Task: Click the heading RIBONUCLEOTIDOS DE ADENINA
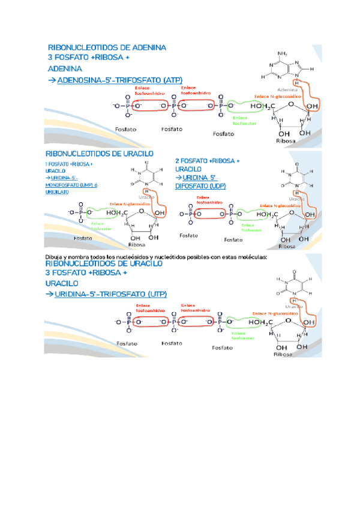coord(107,47)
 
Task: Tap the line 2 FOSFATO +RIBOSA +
coord(207,161)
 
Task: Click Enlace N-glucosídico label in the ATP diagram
coord(278,96)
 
